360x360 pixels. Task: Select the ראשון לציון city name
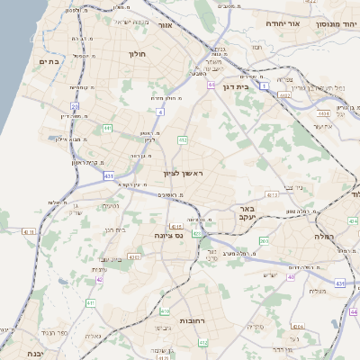tap(184, 173)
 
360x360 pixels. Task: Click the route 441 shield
tap(107, 129)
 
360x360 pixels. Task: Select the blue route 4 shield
tap(159, 112)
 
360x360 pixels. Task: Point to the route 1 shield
tap(265, 85)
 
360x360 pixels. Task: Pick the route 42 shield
tap(98, 279)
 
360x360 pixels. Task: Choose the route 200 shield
tap(264, 240)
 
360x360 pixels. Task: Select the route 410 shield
tap(165, 310)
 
